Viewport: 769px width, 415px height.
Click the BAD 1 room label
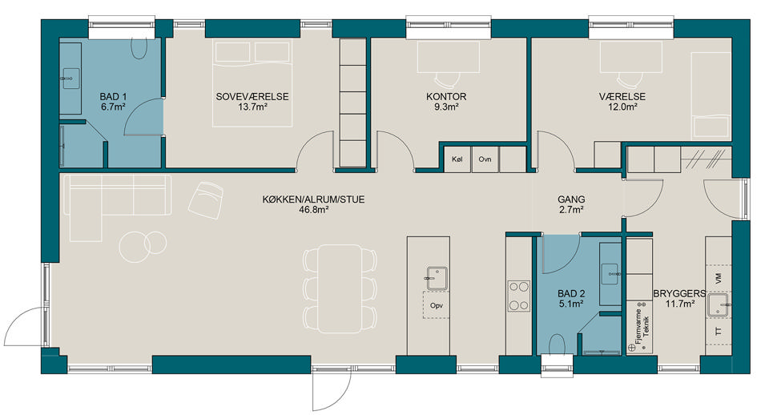(113, 97)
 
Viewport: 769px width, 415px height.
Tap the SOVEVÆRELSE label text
(252, 97)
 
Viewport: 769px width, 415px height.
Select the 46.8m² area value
(313, 210)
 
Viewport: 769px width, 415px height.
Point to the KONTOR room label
(446, 97)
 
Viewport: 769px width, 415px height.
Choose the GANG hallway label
(571, 199)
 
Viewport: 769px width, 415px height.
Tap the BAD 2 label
(571, 294)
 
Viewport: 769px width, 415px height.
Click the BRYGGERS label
(680, 294)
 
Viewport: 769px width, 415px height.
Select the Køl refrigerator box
(457, 159)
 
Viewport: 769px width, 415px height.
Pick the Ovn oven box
(485, 159)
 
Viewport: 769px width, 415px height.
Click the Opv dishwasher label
(437, 305)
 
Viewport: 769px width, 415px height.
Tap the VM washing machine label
(719, 279)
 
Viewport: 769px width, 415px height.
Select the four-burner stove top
(518, 296)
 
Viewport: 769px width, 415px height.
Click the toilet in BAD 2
(557, 344)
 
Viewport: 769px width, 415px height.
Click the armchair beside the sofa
(206, 199)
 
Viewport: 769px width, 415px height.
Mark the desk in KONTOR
(449, 57)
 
